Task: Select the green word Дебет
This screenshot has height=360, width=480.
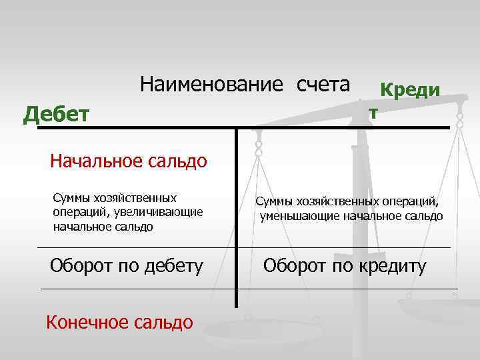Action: point(56,115)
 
